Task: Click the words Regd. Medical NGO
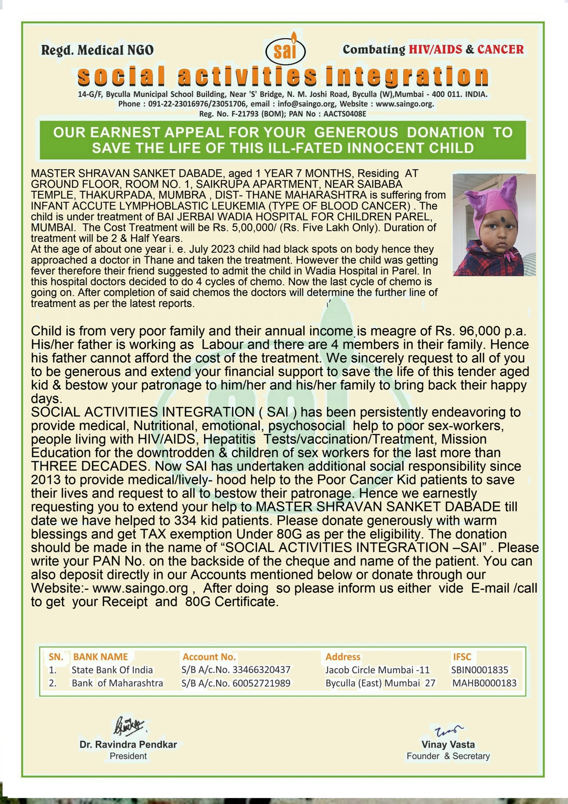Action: point(97,50)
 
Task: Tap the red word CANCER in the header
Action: point(501,49)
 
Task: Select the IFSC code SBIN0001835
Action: point(480,670)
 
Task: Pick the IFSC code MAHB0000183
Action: point(484,683)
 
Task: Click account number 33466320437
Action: point(261,670)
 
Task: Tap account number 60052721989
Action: point(261,683)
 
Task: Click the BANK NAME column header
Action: point(100,657)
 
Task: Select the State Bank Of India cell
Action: point(112,670)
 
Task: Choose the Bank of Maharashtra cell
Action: point(117,683)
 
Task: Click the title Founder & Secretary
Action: point(448,756)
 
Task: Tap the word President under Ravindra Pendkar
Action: point(128,756)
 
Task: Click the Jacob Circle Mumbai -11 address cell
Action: point(377,670)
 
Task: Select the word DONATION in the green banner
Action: point(446,132)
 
